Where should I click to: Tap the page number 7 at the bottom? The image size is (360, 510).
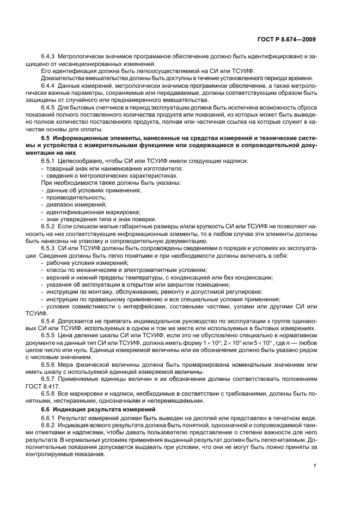(x=315, y=466)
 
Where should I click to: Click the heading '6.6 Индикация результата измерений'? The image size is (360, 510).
(x=96, y=409)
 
